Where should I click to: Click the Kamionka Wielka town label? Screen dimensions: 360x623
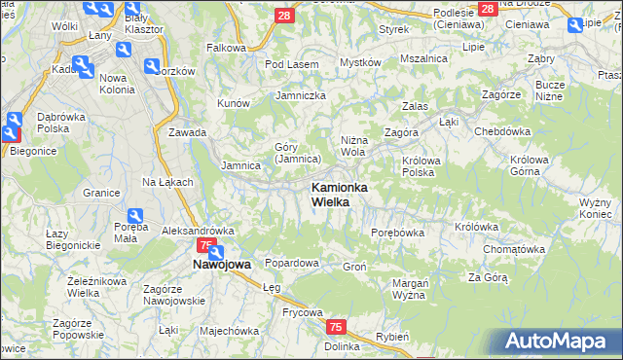(338, 194)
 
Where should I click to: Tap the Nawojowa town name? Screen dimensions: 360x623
(221, 264)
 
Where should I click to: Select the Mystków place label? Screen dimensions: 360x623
(359, 62)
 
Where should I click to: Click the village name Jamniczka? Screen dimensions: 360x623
(300, 95)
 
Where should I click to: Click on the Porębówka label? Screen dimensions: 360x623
(398, 233)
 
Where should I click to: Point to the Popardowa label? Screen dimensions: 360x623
(292, 263)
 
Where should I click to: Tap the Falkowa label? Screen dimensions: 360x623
(226, 47)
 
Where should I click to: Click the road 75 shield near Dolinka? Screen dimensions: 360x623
(336, 327)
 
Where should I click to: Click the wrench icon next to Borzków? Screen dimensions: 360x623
(152, 66)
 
